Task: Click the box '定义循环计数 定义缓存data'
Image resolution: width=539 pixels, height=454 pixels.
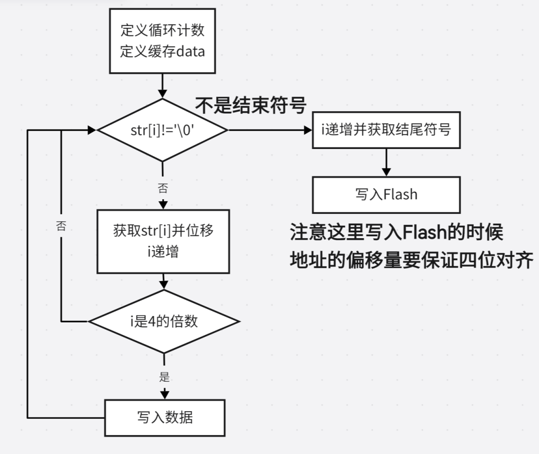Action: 162,41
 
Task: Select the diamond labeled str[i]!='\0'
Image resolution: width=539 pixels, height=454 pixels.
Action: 162,131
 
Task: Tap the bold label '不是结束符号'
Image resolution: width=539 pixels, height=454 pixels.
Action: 250,106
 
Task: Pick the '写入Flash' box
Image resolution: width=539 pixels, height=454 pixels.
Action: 386,194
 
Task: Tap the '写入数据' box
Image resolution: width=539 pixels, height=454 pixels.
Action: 165,417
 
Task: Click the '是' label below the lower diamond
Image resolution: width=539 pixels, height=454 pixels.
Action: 164,377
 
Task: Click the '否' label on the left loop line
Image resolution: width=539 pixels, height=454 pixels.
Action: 61,227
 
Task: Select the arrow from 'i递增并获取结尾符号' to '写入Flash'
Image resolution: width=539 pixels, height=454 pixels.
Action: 386,162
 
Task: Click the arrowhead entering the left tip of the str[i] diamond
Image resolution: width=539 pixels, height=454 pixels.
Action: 92,131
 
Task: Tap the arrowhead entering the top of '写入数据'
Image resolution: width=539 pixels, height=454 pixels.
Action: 164,394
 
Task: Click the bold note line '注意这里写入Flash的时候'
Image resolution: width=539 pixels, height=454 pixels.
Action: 397,232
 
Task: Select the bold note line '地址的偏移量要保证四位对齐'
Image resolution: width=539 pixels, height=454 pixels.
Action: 412,260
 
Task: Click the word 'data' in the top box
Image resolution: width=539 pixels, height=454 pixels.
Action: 191,51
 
